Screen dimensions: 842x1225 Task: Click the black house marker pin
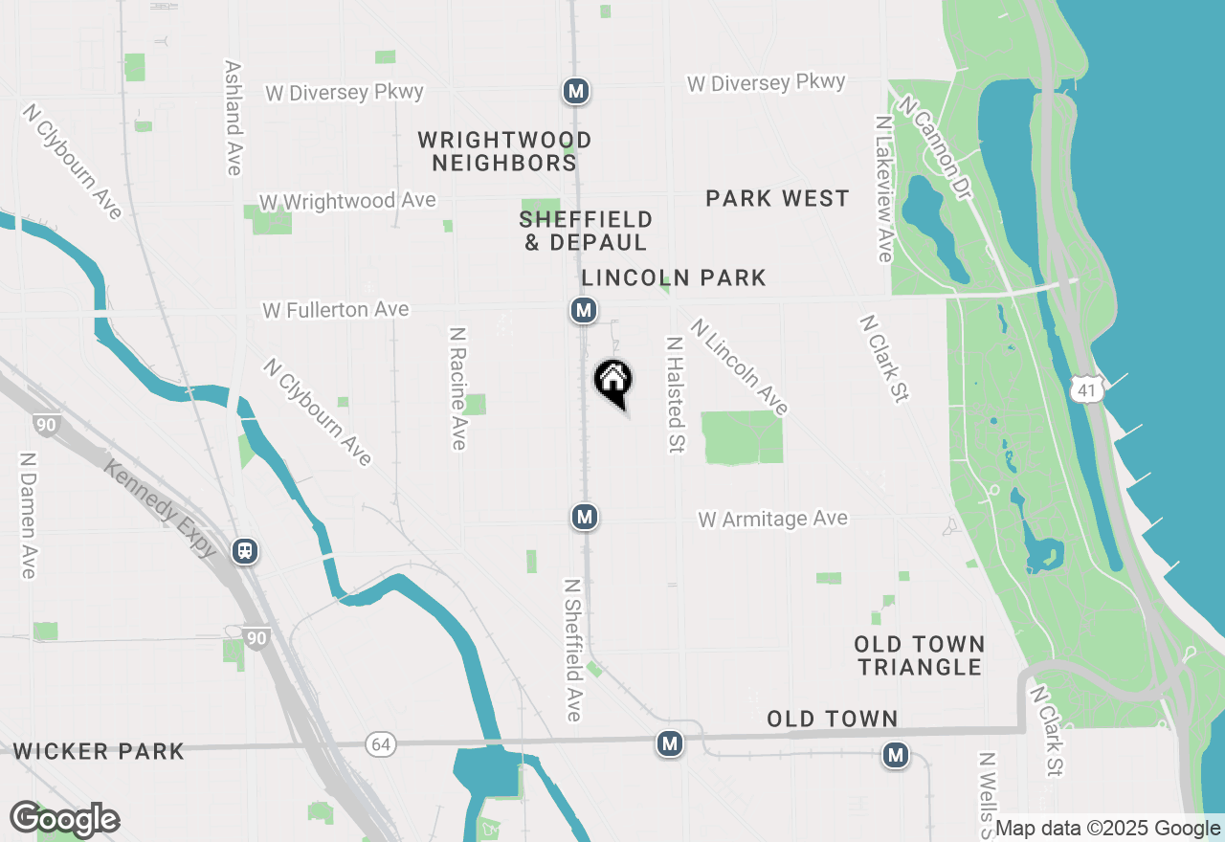click(x=613, y=381)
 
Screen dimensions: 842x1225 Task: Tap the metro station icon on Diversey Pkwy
click(x=575, y=92)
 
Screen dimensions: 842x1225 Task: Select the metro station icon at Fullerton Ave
click(x=583, y=310)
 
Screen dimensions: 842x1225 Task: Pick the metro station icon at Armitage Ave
click(x=584, y=518)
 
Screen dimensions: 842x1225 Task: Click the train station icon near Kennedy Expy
click(x=246, y=551)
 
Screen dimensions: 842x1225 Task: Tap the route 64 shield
click(x=382, y=743)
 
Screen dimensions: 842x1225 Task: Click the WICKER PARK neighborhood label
click(x=100, y=751)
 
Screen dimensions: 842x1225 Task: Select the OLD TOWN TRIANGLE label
click(x=920, y=655)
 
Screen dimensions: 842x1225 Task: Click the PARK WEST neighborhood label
click(x=777, y=199)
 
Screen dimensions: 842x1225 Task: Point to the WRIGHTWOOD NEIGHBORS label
click(x=504, y=152)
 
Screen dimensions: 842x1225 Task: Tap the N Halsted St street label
click(x=675, y=394)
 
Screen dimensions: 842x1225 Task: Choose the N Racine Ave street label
click(x=457, y=388)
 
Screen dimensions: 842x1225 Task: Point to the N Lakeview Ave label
click(x=883, y=189)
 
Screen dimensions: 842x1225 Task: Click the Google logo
click(x=64, y=820)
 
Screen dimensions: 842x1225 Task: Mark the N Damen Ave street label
click(x=27, y=515)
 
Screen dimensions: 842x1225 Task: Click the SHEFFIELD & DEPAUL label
click(x=586, y=232)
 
